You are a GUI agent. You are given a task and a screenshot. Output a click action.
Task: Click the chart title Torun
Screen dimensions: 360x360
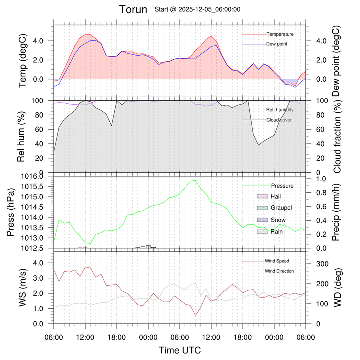tap(133, 9)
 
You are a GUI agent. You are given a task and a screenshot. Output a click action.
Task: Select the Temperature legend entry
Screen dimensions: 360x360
tap(280, 34)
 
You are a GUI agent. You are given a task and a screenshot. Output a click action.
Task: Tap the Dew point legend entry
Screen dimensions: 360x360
tap(277, 44)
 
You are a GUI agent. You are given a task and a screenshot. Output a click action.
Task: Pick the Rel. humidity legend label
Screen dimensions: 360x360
tap(280, 110)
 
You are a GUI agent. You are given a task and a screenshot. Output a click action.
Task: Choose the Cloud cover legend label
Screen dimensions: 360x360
tap(279, 120)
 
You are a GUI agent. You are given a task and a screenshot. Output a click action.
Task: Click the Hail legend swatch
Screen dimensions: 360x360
tap(263, 197)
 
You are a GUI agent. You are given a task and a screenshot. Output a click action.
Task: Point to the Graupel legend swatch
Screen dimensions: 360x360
tap(263, 208)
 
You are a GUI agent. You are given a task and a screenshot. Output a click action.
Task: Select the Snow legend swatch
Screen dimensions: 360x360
tap(263, 220)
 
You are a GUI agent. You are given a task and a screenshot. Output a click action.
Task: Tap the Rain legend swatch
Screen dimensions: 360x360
tap(263, 232)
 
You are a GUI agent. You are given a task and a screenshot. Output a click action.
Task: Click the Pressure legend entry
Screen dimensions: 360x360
tap(282, 186)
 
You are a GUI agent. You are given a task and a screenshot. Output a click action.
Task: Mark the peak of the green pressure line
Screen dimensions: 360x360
tap(194, 180)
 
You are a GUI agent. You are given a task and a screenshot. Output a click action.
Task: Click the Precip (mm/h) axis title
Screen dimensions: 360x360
tap(336, 212)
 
